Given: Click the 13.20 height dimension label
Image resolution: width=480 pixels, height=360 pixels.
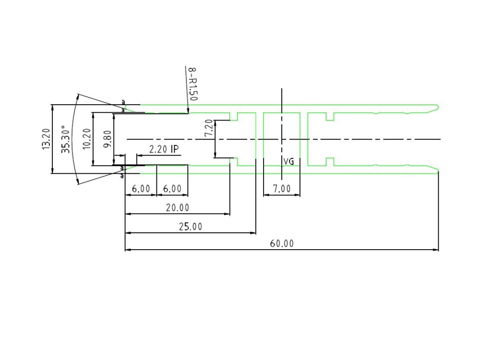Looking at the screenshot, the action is pos(46,139).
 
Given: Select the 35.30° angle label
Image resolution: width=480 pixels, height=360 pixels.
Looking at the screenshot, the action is pos(65,139).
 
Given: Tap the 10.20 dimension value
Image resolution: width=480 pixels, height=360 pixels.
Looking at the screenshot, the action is pos(87,139).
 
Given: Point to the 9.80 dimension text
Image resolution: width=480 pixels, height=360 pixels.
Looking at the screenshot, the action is pos(108,139).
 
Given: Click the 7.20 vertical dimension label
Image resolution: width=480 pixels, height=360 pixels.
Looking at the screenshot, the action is pos(208,128).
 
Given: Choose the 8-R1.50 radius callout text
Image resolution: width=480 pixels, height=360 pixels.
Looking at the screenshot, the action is pos(193,84).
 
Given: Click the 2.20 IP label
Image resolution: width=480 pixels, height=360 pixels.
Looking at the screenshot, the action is pos(164,149).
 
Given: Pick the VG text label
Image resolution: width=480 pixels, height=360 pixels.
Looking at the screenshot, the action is pos(288,161).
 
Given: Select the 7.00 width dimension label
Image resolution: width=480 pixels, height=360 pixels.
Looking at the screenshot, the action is pos(282,189).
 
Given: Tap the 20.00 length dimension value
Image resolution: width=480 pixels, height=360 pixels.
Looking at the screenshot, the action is pos(178,208).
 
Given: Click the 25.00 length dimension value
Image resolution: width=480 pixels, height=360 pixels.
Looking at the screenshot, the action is pos(191,227).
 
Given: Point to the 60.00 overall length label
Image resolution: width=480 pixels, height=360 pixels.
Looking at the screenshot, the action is pos(282,244).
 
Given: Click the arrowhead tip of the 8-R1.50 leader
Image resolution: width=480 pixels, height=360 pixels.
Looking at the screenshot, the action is pos(188,113).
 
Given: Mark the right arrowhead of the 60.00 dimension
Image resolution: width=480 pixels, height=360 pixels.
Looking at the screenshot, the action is pos(438,250).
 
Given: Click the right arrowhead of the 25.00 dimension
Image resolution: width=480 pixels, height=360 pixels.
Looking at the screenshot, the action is pos(255,233).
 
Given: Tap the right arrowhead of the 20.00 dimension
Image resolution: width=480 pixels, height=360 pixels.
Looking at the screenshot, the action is pos(229,214).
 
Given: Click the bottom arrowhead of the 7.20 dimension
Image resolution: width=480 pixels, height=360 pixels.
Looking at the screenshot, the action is pos(215,157).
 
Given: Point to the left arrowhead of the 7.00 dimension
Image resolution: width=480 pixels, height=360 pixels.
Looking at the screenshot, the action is pos(264,195).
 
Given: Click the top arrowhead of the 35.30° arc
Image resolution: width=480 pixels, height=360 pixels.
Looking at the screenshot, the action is pos(79,94).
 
